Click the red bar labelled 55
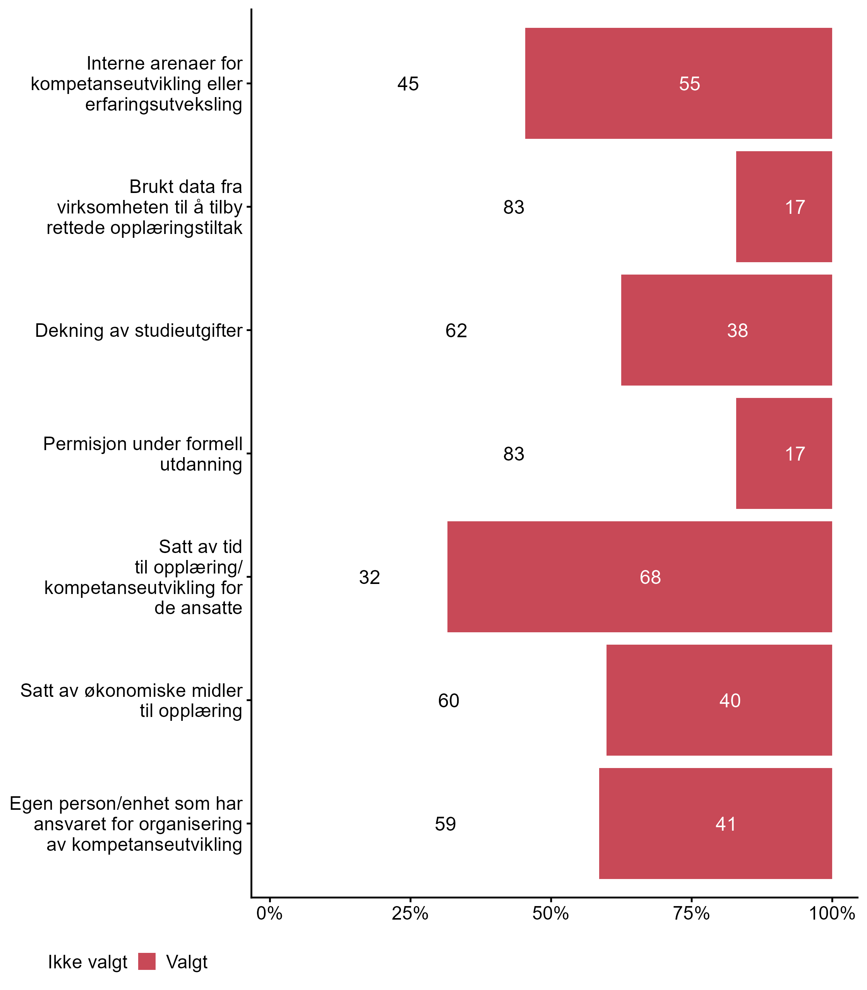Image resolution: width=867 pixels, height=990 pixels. pos(678,84)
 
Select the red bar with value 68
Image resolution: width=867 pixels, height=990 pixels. pos(639,577)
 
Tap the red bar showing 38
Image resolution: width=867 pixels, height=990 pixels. pos(726,330)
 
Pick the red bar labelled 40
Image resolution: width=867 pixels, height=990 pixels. pos(719,700)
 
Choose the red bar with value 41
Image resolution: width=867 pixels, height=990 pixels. pos(715,823)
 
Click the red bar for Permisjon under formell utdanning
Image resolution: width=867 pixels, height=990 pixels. pos(784,453)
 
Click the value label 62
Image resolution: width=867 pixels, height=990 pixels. pos(456,331)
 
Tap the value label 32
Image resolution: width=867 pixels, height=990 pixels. pos(370,577)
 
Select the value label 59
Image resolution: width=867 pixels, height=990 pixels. pos(445,824)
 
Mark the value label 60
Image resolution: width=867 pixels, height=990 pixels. pos(449,700)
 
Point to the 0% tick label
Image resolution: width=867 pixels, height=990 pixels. pos(269,914)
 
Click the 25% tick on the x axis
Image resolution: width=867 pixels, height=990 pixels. pos(410,914)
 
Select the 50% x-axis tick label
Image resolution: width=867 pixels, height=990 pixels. pos(550,914)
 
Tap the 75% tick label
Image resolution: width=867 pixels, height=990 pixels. pos(691,914)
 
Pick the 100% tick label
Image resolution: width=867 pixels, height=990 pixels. pos(832,914)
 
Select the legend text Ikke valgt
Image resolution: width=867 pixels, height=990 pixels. pos(87,962)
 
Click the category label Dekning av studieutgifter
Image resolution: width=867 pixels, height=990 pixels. pos(139,331)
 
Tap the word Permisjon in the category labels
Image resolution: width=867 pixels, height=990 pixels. pos(84,444)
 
